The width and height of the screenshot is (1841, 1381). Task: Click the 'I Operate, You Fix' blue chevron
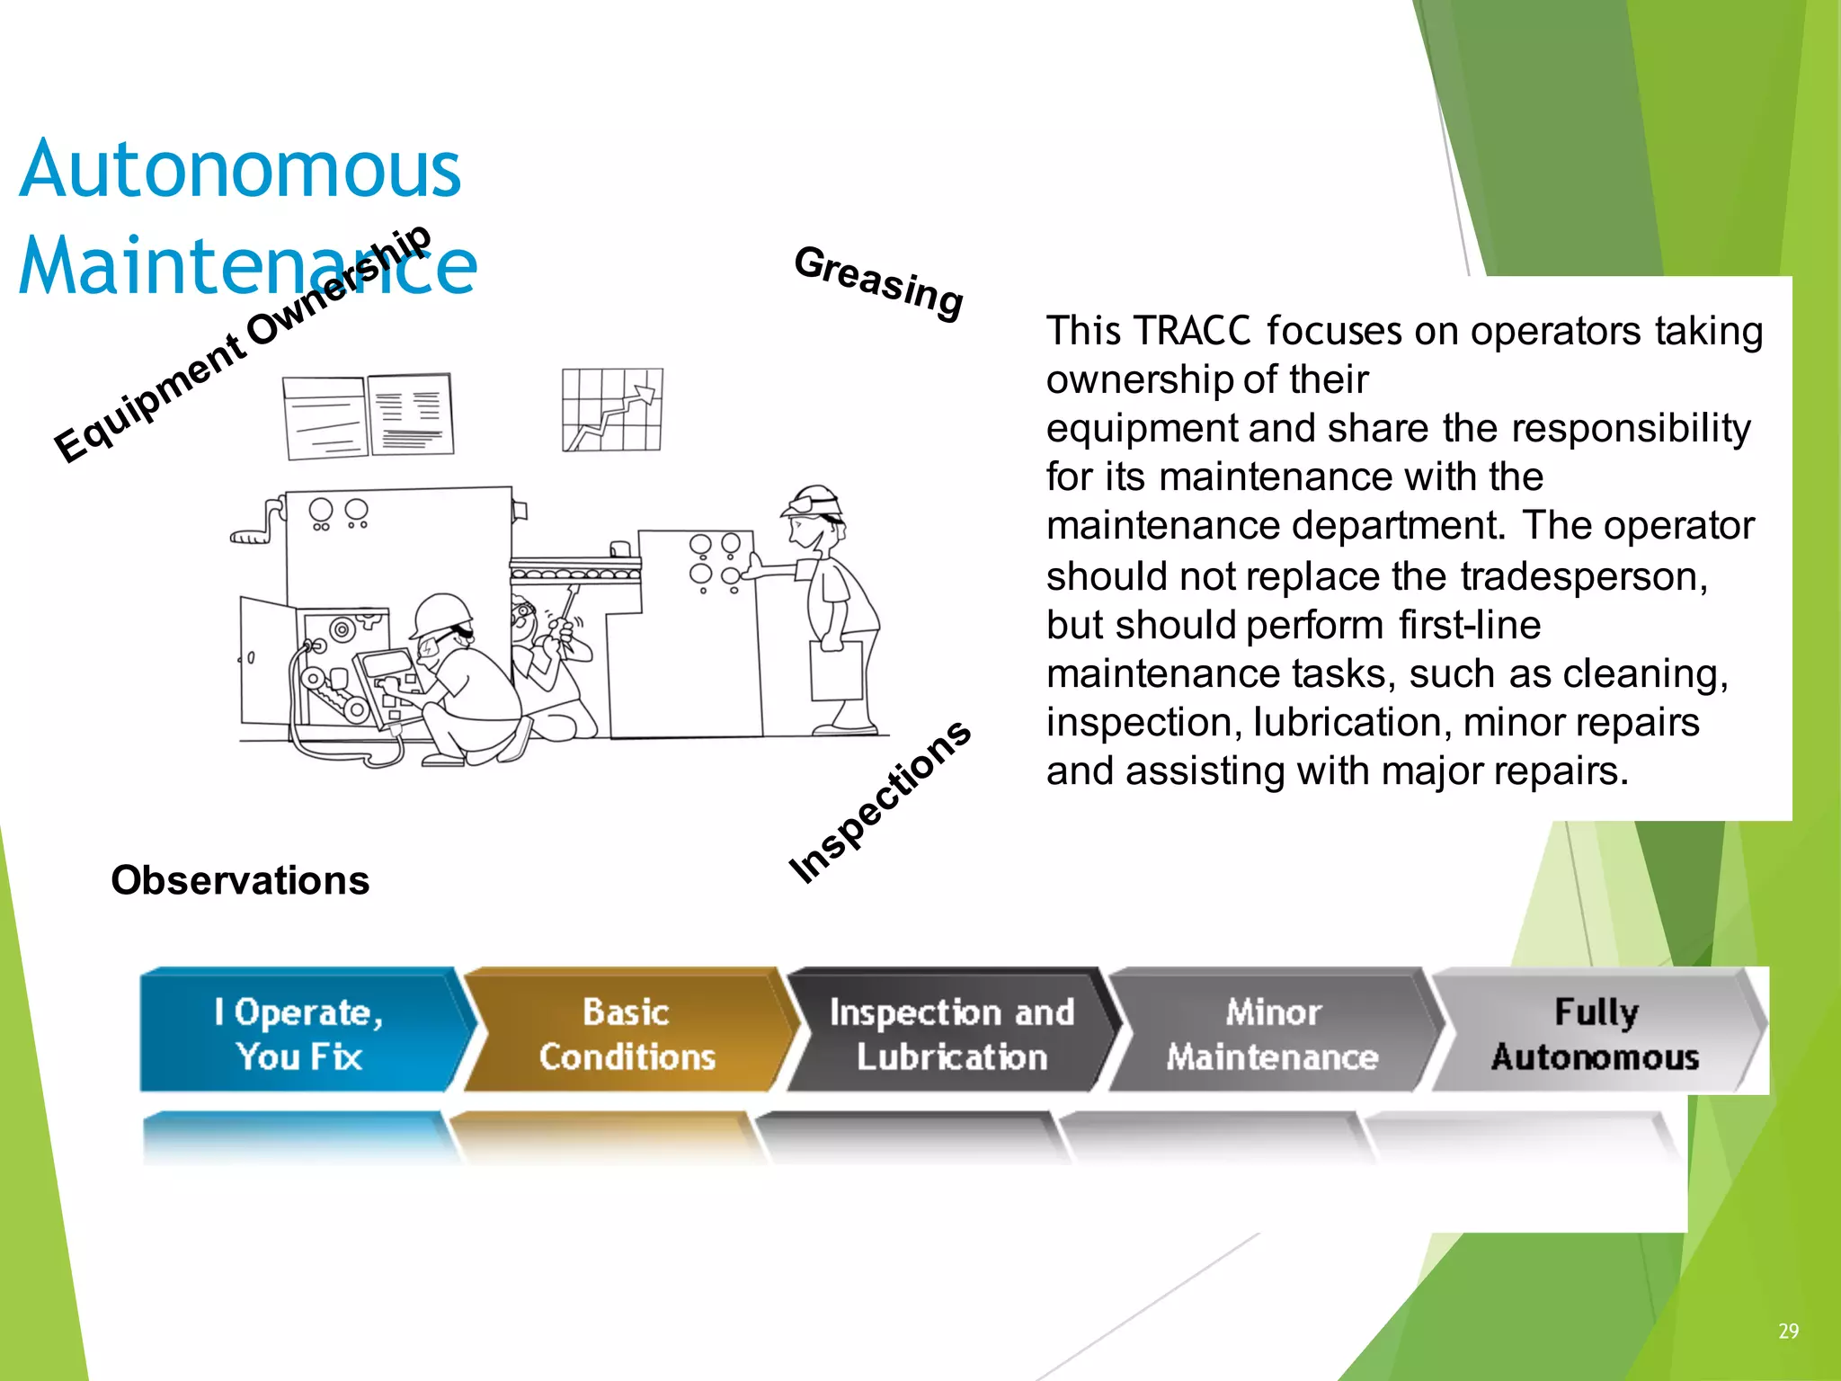(x=299, y=1031)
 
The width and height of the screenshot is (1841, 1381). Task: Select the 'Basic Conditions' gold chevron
(x=627, y=1031)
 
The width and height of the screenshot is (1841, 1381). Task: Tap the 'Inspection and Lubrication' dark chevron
(x=951, y=1031)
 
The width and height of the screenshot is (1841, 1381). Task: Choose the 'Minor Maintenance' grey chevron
(x=1272, y=1031)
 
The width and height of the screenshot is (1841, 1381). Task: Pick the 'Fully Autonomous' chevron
(x=1596, y=1031)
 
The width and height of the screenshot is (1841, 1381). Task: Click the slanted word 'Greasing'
(x=878, y=281)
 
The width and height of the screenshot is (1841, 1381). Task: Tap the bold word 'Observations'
(x=240, y=880)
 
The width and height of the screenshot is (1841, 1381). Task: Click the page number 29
(x=1788, y=1331)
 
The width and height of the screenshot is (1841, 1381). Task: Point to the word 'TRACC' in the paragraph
(x=1192, y=331)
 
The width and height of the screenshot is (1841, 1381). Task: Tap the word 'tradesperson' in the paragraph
(x=1583, y=576)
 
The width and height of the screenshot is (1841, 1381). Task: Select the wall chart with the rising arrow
(x=612, y=409)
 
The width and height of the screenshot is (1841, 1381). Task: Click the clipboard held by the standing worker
(x=837, y=670)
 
